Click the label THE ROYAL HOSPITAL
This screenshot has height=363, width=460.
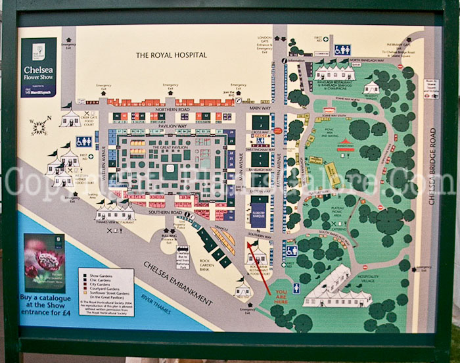[171, 55]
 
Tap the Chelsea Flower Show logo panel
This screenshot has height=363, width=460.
[38, 66]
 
